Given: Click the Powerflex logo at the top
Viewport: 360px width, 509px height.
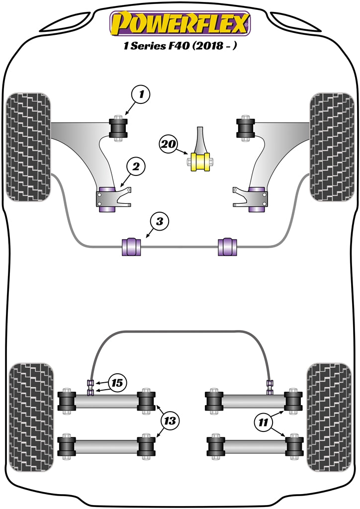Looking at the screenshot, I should click(180, 23).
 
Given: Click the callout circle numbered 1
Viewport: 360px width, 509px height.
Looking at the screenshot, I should click(141, 94).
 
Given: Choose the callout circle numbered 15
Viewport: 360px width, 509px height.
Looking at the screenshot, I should click(117, 383).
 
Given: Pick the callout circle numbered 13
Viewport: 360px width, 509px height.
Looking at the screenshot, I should click(170, 422).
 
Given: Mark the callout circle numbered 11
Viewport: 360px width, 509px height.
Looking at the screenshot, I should click(263, 424).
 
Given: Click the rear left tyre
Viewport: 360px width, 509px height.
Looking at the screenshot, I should click(31, 417).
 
